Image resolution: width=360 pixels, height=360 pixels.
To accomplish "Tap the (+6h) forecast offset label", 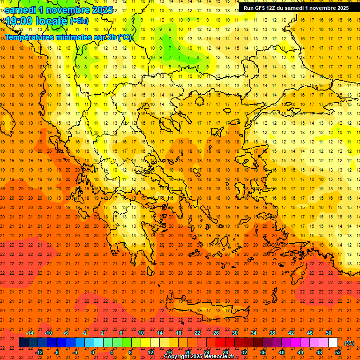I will [78, 21].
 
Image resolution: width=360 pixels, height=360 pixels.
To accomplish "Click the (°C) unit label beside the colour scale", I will [349, 343].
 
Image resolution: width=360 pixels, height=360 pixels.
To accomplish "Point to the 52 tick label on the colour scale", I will [338, 352].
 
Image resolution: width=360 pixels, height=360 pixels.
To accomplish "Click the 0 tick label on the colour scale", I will [93, 352].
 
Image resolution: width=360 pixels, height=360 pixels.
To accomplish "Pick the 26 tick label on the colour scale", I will [216, 333].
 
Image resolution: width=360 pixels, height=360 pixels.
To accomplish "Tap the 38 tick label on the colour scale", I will [272, 333].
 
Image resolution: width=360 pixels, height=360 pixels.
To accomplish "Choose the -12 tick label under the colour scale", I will [39, 352].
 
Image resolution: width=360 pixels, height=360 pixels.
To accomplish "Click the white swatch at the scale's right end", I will [333, 343].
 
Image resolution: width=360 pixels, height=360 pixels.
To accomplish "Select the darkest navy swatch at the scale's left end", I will [23, 343].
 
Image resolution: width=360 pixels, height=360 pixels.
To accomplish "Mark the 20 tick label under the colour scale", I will [187, 352].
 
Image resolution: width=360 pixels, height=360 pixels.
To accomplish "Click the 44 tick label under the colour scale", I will [300, 352].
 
